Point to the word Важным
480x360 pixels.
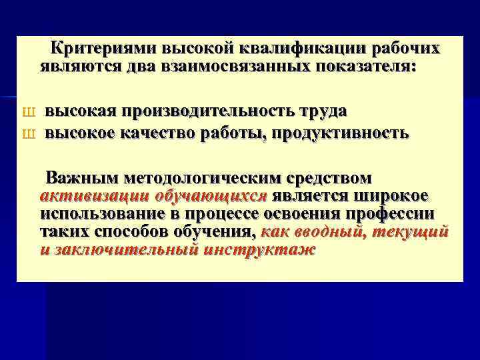click(79, 179)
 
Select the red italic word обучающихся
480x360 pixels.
click(210, 196)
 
